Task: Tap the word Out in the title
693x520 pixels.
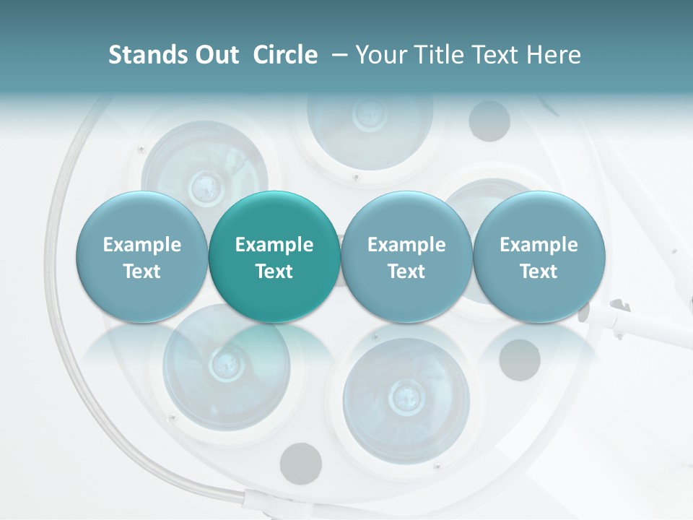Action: [x=214, y=55]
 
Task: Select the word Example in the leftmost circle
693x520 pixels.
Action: [x=142, y=245]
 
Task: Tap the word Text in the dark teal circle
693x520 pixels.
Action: [x=274, y=272]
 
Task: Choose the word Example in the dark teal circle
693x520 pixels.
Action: [x=274, y=245]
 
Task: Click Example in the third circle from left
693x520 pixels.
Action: [x=406, y=245]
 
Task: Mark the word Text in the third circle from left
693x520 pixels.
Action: [x=406, y=272]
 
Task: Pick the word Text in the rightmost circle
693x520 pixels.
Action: [x=539, y=272]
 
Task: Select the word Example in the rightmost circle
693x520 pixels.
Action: [x=539, y=245]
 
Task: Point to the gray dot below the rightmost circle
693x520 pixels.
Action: [x=519, y=357]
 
